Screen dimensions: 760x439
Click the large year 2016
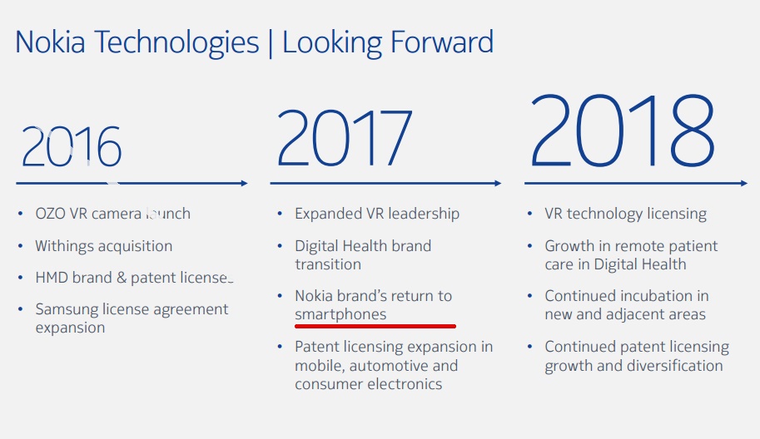pos(72,146)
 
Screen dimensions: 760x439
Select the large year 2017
pos(344,137)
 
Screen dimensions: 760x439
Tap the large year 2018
pos(623,130)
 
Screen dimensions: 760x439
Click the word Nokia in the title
pos(51,42)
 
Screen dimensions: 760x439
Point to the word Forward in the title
pos(441,42)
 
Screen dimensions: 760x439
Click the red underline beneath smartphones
pos(375,326)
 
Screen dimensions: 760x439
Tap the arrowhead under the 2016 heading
pos(244,184)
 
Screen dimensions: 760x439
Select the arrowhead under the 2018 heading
pos(744,184)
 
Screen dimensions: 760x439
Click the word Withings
pos(67,246)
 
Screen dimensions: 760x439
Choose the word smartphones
pos(340,315)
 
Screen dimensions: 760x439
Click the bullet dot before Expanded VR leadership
pos(281,214)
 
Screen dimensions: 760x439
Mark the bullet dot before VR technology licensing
pos(529,214)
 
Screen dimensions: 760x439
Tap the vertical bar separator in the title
pos(271,43)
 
